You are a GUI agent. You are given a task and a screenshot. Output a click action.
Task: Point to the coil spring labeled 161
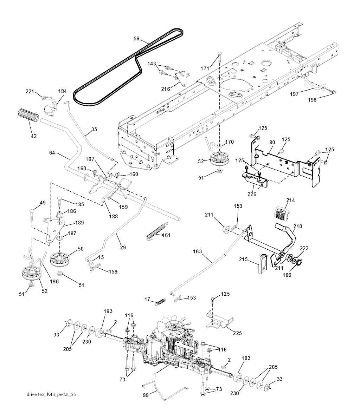(155, 234)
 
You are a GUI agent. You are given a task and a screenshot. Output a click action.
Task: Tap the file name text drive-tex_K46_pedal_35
(51, 394)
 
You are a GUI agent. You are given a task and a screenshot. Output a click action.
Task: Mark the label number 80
(272, 143)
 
